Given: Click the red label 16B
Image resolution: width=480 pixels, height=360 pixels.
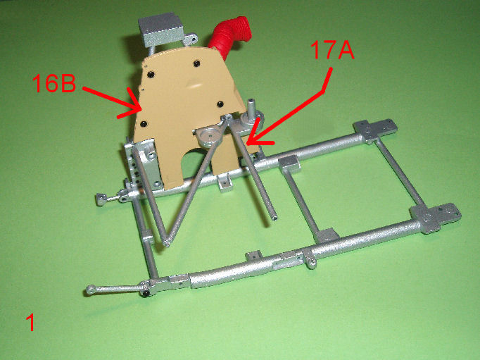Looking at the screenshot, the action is tap(54, 83).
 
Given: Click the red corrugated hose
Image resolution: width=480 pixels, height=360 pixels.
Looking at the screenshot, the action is tap(230, 35).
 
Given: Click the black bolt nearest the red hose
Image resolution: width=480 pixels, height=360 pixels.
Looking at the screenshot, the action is tap(196, 63).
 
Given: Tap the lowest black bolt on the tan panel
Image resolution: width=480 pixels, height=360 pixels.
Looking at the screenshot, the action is tap(144, 124).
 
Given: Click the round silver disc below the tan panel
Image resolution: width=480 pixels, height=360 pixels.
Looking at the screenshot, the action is tap(210, 137).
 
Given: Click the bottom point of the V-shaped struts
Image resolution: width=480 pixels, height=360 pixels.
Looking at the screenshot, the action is tap(167, 243).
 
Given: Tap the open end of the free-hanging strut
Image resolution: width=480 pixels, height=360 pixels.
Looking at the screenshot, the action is tap(274, 218).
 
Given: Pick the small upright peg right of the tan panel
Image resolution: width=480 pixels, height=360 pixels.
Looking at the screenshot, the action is tap(251, 108).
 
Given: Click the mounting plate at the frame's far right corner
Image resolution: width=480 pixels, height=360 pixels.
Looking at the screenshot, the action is tap(436, 218).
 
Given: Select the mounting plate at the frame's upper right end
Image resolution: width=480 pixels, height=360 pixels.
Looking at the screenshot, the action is tap(375, 130).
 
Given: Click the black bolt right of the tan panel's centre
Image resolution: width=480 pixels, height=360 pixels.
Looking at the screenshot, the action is tap(220, 104).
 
